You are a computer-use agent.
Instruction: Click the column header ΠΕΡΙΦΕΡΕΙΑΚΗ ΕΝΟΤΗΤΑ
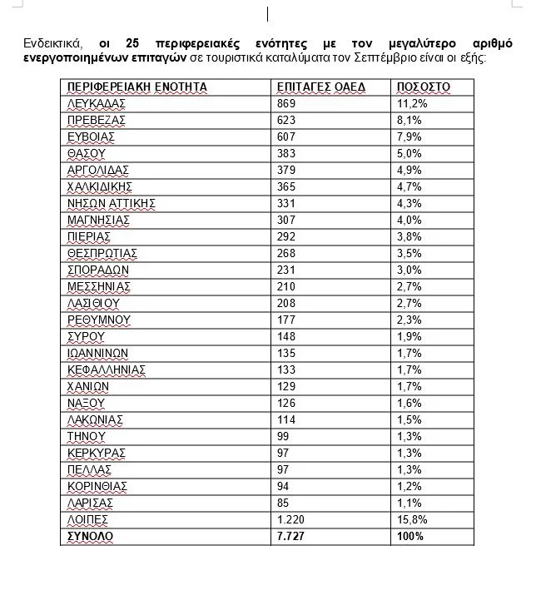pyautogui.click(x=136, y=87)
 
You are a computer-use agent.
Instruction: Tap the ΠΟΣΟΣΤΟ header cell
pyautogui.click(x=423, y=87)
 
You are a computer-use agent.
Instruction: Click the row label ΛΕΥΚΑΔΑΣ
pyautogui.click(x=96, y=103)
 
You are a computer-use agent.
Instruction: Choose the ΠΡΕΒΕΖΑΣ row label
pyautogui.click(x=97, y=120)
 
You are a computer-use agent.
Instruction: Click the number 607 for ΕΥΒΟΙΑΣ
pyautogui.click(x=287, y=136)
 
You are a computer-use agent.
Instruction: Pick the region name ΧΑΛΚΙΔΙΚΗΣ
pyautogui.click(x=100, y=186)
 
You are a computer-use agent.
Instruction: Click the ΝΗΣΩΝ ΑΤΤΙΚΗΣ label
pyautogui.click(x=112, y=203)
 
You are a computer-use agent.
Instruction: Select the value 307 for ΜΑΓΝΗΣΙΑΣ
pyautogui.click(x=287, y=220)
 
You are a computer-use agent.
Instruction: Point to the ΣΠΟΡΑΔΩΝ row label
pyautogui.click(x=98, y=270)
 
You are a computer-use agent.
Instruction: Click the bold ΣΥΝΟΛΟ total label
pyautogui.click(x=90, y=537)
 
